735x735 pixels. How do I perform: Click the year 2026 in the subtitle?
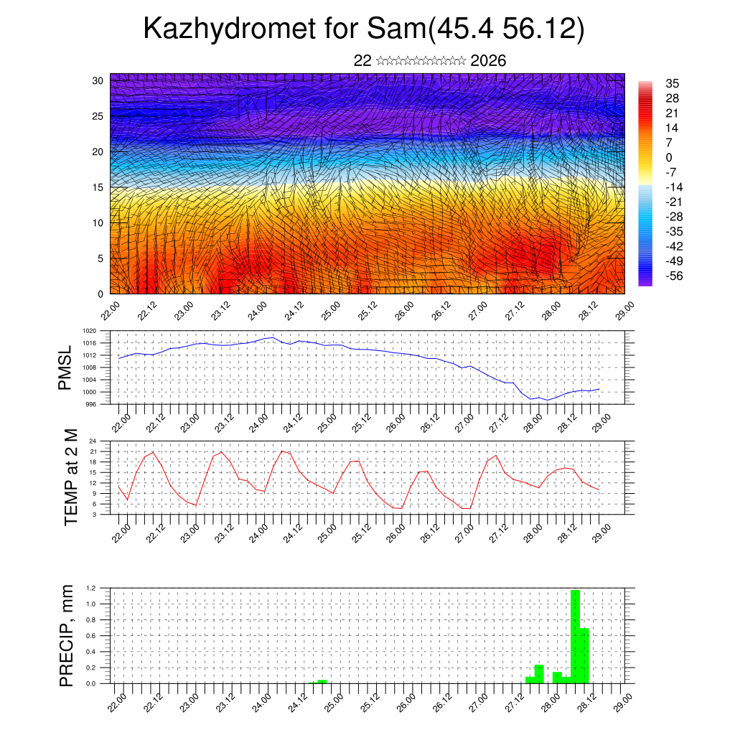[488, 60]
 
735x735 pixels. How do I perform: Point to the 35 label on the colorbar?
[673, 83]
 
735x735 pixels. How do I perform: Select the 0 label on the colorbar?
[669, 157]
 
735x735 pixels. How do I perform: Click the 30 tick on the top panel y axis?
[98, 80]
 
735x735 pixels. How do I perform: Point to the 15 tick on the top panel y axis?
[98, 187]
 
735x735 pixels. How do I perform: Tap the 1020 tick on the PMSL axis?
[89, 331]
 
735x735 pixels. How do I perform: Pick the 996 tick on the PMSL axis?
[90, 404]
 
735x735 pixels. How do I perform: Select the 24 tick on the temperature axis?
[93, 441]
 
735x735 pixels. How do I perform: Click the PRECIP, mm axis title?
[67, 635]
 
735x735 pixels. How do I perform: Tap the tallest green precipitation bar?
[575, 636]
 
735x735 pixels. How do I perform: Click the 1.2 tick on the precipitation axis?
[91, 588]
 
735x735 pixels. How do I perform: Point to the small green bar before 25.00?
[322, 681]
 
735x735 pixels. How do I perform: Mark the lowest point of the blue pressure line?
[547, 400]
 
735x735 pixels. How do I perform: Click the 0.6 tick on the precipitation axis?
[91, 636]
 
